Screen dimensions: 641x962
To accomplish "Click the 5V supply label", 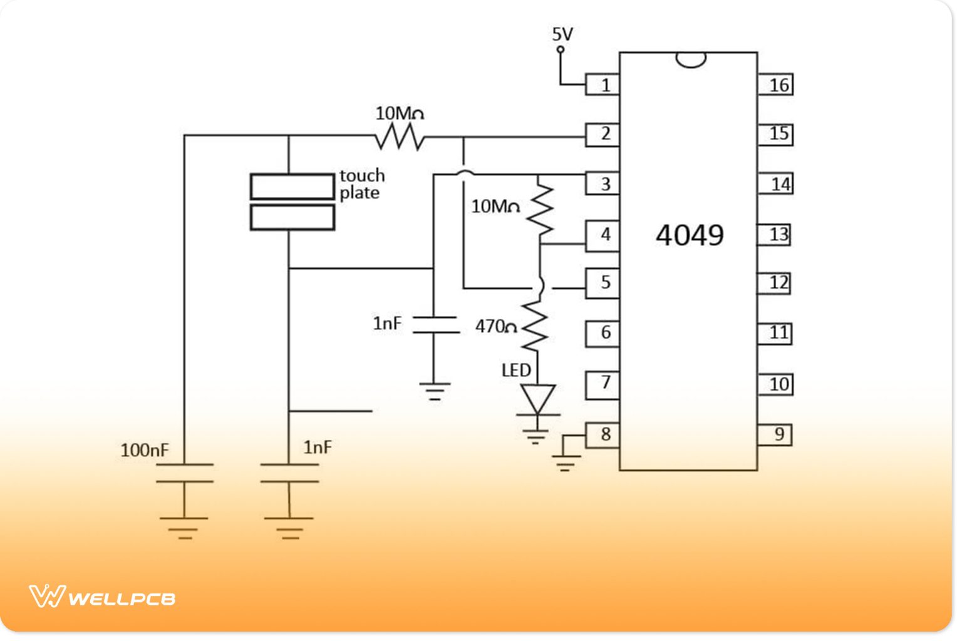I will click(562, 34).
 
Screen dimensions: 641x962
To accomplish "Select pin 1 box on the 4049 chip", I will click(603, 85).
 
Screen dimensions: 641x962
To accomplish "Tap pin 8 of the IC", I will click(603, 434).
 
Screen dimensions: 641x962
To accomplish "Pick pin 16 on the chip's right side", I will click(776, 85).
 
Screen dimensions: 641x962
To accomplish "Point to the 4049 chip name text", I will click(690, 235).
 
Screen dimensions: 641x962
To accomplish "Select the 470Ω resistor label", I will click(495, 326).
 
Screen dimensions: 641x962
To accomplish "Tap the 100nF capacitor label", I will click(145, 450).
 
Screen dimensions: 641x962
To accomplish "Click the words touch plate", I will click(361, 184).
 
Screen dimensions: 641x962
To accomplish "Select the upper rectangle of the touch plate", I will click(292, 187).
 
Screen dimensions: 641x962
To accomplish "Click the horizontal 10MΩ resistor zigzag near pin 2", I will click(400, 136).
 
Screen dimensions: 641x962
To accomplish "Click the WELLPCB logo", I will click(102, 597).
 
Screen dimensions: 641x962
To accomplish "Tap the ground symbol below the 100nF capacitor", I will click(184, 528).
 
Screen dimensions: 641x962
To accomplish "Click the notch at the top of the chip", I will click(691, 59).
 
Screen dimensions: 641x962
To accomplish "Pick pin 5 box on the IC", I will click(603, 283).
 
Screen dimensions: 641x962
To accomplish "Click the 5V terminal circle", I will click(561, 49).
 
